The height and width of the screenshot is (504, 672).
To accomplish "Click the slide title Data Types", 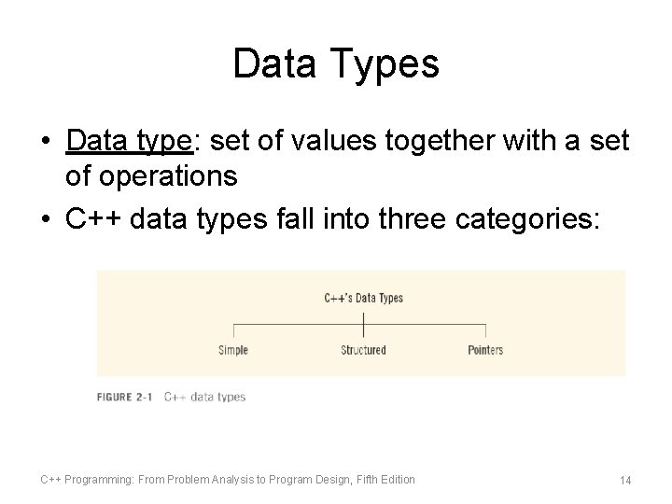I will click(x=336, y=64).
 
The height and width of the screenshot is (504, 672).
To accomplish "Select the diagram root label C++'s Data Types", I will click(x=363, y=299).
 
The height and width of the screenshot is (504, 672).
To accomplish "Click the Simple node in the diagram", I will click(x=232, y=350).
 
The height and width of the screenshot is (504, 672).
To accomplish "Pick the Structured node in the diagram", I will click(x=363, y=350).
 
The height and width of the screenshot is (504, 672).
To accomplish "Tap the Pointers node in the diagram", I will click(x=484, y=350).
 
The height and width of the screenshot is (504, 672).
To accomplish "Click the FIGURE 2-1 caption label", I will click(x=126, y=397).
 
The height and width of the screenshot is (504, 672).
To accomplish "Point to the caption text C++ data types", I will click(x=204, y=397).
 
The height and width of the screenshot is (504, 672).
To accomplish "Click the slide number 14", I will click(x=625, y=480).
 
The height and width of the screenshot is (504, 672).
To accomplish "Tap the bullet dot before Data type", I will click(x=46, y=142).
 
